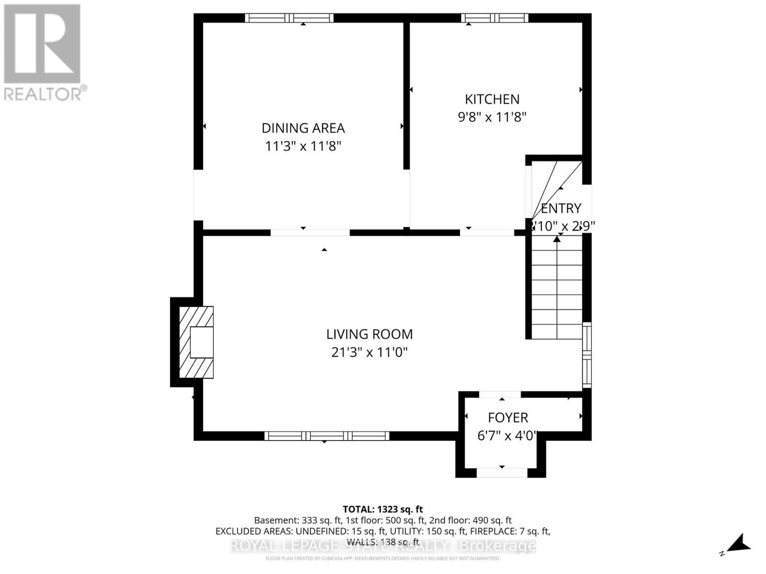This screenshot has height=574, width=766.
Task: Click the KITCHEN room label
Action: point(492,99)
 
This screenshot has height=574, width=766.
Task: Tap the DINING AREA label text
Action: point(303,128)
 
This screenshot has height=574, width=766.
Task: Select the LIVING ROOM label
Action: point(369,334)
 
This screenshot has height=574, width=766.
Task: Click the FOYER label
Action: point(508,418)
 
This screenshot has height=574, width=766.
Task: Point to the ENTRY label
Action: point(561,208)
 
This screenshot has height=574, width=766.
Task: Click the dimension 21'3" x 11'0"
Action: point(369,353)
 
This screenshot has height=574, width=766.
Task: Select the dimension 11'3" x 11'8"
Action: point(303,146)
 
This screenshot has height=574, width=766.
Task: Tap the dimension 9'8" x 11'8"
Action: point(492,117)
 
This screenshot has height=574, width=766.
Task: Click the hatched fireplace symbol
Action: point(196,342)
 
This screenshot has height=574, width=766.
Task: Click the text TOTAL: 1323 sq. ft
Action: point(383,509)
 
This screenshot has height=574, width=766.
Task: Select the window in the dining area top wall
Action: point(289,18)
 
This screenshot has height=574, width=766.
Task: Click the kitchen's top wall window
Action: point(495,18)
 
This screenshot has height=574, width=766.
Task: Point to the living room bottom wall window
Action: point(327,436)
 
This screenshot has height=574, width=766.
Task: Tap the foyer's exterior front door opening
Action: point(502,473)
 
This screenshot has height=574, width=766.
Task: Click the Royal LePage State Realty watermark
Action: point(383,546)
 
